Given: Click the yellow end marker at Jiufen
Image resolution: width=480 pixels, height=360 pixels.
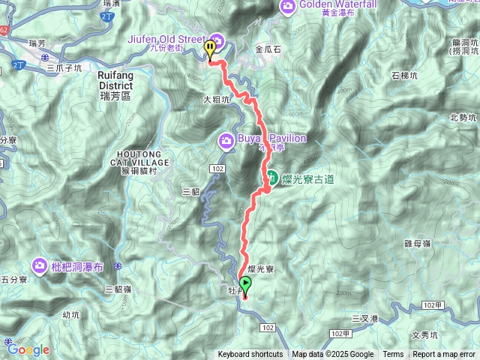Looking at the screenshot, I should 211,49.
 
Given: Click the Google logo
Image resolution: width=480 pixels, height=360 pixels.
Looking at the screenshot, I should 28,349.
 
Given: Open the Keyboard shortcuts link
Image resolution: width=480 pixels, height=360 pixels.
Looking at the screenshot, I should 250,355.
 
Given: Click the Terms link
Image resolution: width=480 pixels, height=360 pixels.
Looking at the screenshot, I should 393,355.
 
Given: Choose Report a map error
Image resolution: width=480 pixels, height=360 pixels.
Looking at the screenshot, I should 444,355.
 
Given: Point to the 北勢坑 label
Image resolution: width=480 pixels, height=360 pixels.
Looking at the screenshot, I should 463,117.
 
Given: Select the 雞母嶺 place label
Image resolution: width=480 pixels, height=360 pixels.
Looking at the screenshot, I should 417,243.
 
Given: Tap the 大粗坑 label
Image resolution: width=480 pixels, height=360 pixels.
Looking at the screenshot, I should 216,98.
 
